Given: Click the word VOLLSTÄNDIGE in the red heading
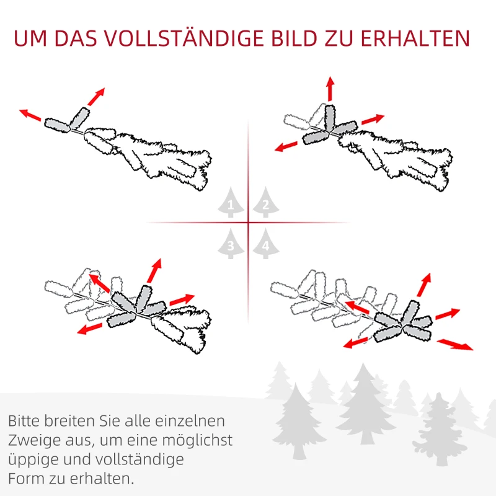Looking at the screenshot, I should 202,38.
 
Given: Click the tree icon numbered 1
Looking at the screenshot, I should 231,203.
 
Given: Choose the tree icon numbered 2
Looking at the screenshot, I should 265,203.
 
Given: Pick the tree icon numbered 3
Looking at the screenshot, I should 231,244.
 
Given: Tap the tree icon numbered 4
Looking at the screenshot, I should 265,244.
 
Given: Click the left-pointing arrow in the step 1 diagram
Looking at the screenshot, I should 30,115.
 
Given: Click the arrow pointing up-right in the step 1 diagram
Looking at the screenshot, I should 96,96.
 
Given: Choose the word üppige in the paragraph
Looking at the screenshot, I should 31,460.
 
